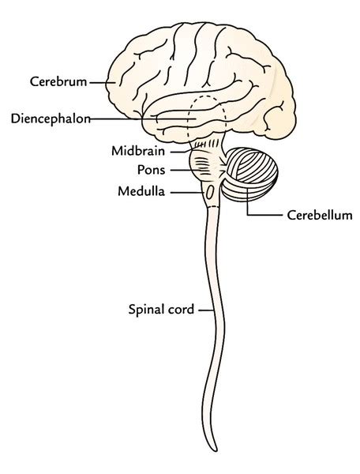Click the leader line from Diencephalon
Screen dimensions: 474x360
(x=134, y=120)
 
